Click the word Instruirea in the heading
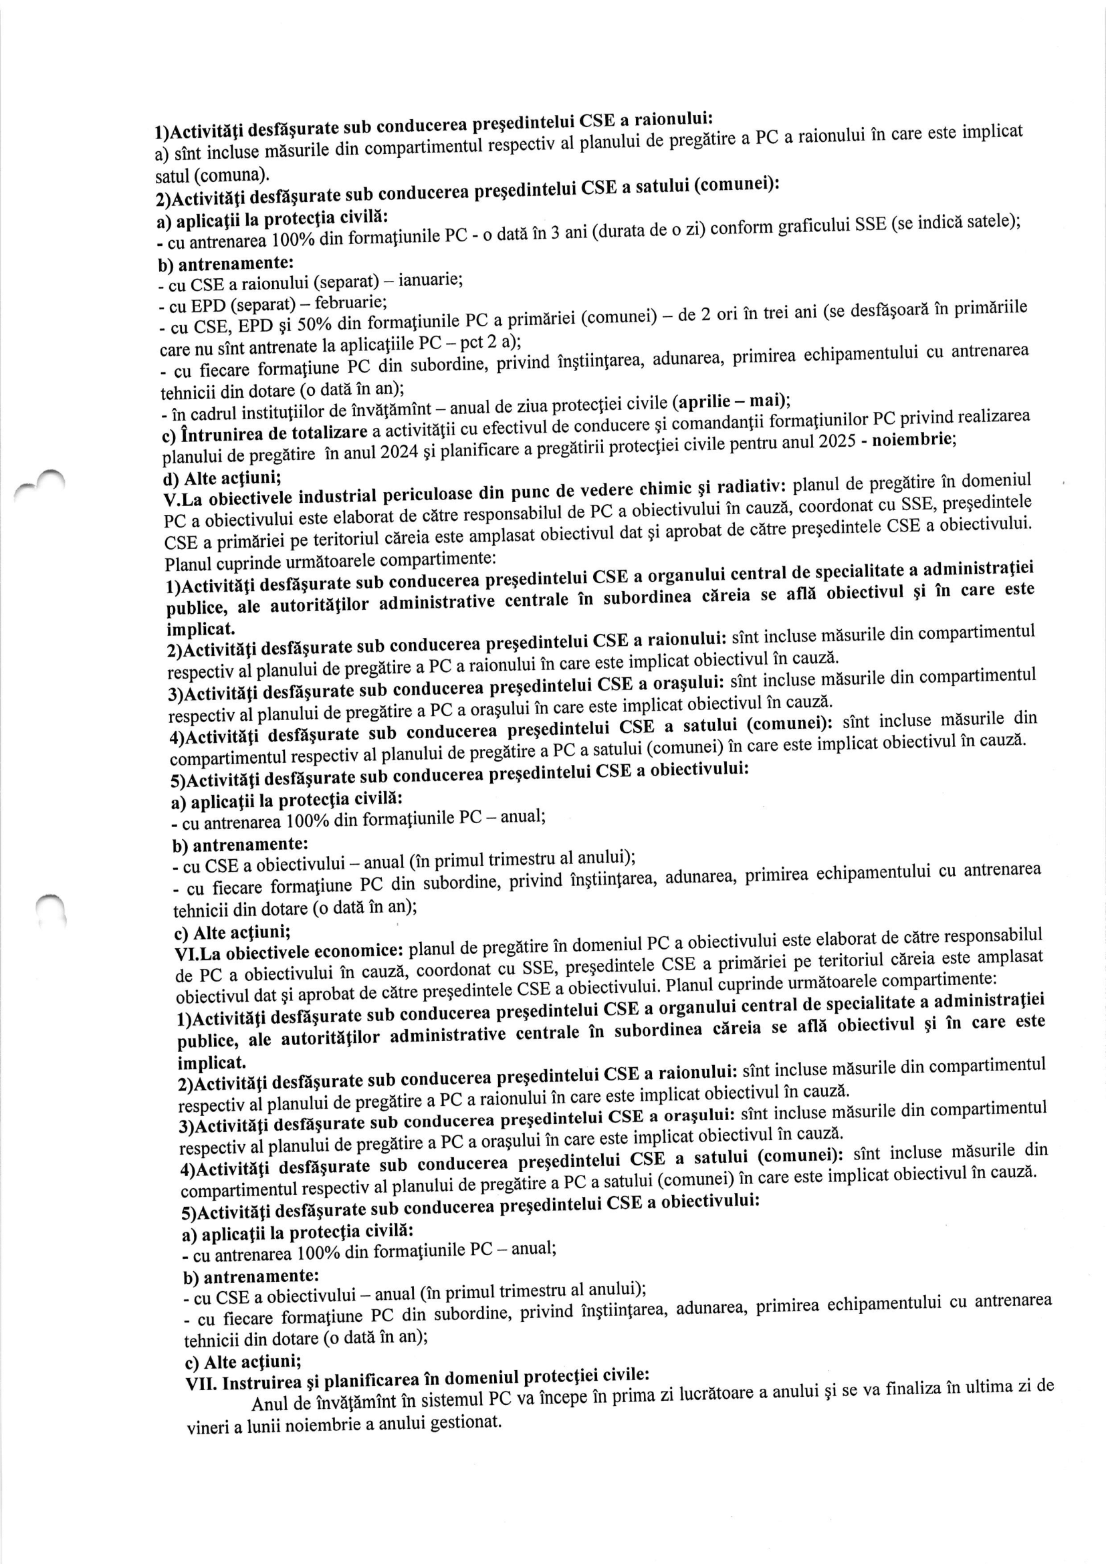pos(267,1383)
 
